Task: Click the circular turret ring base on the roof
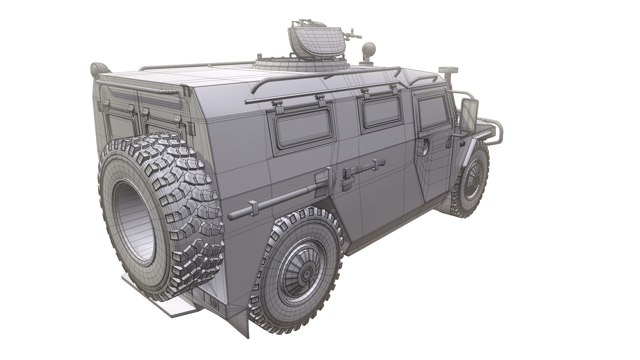pos(302,65)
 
